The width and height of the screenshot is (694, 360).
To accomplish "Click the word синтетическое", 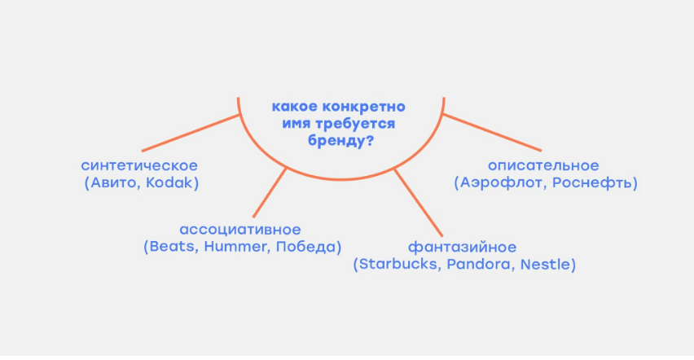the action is (139, 165).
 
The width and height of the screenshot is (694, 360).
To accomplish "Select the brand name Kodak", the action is (169, 182).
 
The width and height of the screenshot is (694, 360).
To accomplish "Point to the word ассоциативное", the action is (240, 230).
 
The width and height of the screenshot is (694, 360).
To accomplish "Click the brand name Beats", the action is (172, 246).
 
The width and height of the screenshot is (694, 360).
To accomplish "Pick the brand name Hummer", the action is (236, 246).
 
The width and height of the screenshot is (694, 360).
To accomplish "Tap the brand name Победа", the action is (305, 246).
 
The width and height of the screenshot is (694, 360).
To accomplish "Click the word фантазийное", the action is (462, 247).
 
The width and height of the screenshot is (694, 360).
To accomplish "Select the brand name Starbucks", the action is (398, 264).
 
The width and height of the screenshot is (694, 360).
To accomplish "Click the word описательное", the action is (543, 165).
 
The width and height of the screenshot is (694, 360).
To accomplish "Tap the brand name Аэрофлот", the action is (502, 182).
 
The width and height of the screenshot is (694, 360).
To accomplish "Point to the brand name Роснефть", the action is (592, 182).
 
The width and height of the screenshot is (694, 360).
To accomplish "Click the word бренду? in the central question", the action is (340, 141).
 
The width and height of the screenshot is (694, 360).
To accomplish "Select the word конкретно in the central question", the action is (363, 107).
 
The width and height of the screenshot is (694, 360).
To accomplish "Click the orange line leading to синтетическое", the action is (191, 133).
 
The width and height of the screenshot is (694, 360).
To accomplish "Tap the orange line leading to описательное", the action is (492, 133).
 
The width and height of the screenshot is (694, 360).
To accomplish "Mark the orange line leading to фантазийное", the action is (418, 202).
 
